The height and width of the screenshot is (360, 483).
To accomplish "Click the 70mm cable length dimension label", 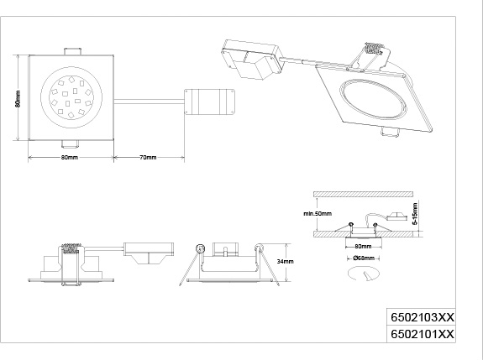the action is click(148, 158).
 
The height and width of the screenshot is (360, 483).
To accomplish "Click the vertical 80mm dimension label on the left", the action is click(18, 98).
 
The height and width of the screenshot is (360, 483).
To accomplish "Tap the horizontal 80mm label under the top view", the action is click(70, 158).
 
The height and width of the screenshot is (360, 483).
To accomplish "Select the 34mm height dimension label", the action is click(285, 262).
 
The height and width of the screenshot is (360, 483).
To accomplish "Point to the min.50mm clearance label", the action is click(318, 213).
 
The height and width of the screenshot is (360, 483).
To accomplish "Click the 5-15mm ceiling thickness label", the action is click(415, 214).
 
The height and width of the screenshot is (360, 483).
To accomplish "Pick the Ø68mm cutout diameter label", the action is click(364, 258).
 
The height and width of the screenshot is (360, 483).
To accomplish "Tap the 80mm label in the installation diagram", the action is click(363, 247).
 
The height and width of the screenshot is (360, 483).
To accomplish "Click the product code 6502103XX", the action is click(422, 317).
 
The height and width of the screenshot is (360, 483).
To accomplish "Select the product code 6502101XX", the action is click(422, 334).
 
